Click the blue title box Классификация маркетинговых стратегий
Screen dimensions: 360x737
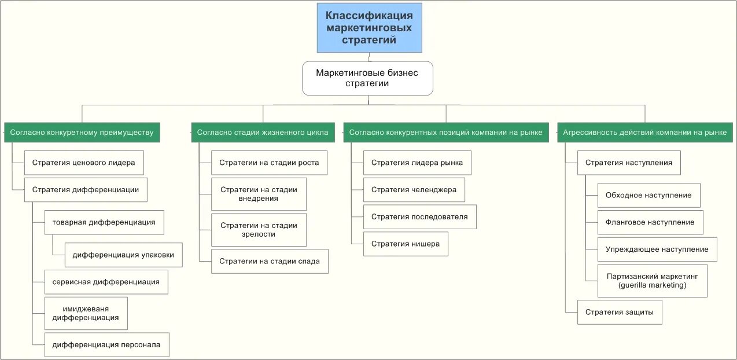pyautogui.click(x=369, y=28)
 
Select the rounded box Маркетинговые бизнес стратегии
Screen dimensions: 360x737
pyautogui.click(x=367, y=78)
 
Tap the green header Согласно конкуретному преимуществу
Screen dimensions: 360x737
pyautogui.click(x=82, y=133)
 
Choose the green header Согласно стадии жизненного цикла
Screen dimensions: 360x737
pyautogui.click(x=263, y=133)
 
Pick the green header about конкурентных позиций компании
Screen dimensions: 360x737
pyautogui.click(x=445, y=133)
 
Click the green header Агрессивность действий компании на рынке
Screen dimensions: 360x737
pyautogui.click(x=645, y=133)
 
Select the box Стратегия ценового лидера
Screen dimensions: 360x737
pyautogui.click(x=84, y=163)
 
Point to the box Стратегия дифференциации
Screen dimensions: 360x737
pyautogui.click(x=86, y=190)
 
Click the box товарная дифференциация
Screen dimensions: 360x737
pyautogui.click(x=104, y=222)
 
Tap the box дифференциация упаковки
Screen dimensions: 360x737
pyautogui.click(x=124, y=255)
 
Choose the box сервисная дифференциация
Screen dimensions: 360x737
pyautogui.click(x=106, y=282)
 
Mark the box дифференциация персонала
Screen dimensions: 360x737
pyautogui.click(x=107, y=345)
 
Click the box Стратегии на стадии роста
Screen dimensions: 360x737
pyautogui.click(x=270, y=163)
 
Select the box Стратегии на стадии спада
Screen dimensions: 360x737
pyautogui.click(x=270, y=262)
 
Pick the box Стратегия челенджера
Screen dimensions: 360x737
pyautogui.click(x=414, y=190)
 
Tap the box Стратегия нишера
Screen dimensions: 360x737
pyautogui.click(x=406, y=244)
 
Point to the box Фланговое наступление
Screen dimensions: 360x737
pyautogui.click(x=650, y=222)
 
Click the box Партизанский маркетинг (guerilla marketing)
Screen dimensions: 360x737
pyautogui.click(x=652, y=281)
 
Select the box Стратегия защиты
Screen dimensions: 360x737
pyautogui.click(x=620, y=313)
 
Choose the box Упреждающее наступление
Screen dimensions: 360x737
pyautogui.click(x=657, y=249)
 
